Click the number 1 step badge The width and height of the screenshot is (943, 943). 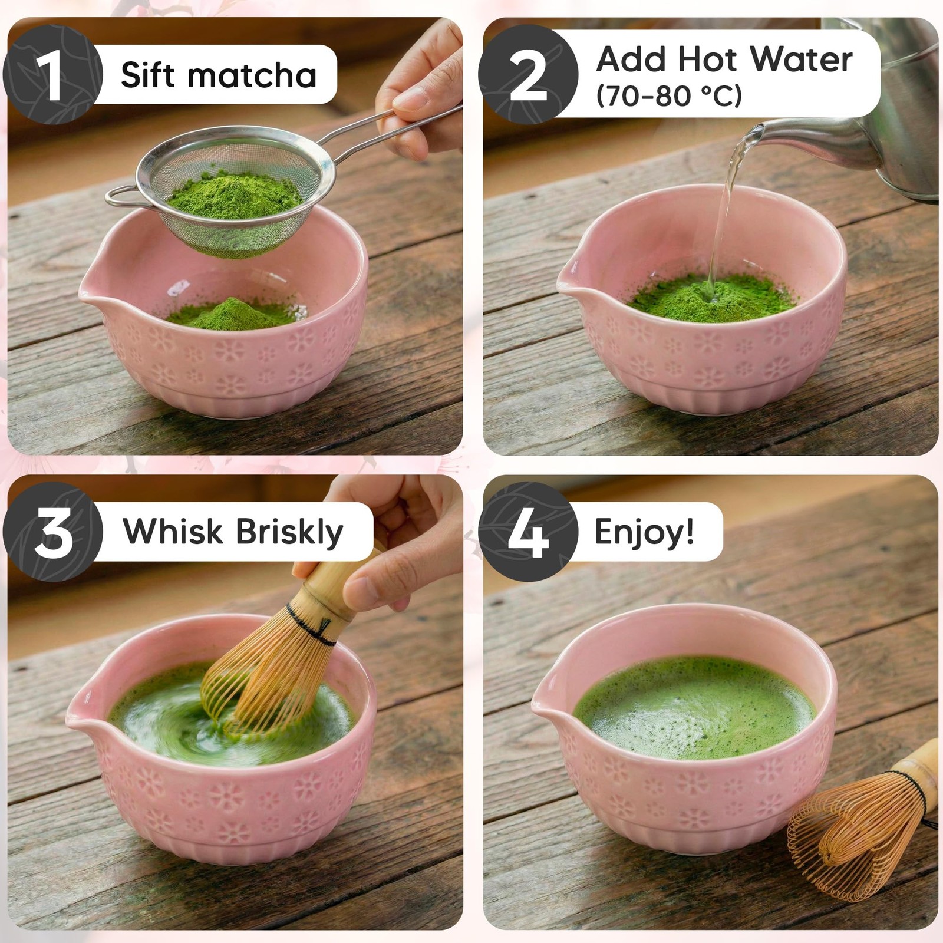point(53,75)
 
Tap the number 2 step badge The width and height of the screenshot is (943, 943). point(528,75)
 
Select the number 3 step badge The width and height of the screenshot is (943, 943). point(53,532)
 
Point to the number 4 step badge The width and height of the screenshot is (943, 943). point(528,532)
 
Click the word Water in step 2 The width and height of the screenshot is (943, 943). point(801,59)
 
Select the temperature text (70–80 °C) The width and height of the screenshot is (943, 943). point(669,96)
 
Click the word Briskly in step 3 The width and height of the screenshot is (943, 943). point(289,532)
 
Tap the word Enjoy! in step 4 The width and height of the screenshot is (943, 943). point(644,532)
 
